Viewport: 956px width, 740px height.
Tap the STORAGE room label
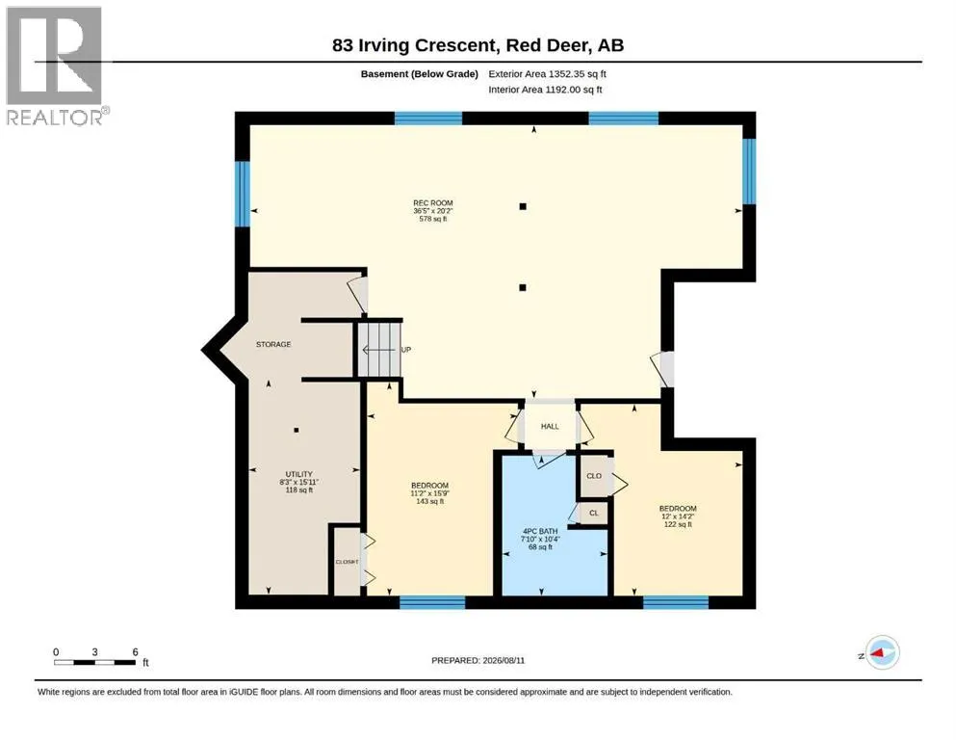click(x=273, y=345)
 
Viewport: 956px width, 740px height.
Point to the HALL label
click(x=550, y=427)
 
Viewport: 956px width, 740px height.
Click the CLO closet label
click(x=594, y=476)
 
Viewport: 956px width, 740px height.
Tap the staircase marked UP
click(x=379, y=350)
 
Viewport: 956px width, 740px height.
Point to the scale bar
click(x=94, y=662)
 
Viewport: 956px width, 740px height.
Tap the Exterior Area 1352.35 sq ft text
click(x=547, y=74)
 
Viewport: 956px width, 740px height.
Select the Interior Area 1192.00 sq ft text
click(x=545, y=90)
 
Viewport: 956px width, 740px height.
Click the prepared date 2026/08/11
click(x=478, y=660)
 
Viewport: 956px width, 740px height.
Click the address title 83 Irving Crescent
click(x=414, y=45)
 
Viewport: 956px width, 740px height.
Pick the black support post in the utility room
click(x=297, y=430)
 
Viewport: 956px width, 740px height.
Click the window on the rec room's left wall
click(x=243, y=194)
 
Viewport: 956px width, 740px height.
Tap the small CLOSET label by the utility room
click(x=347, y=562)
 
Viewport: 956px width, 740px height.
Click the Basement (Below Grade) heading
click(x=420, y=74)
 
